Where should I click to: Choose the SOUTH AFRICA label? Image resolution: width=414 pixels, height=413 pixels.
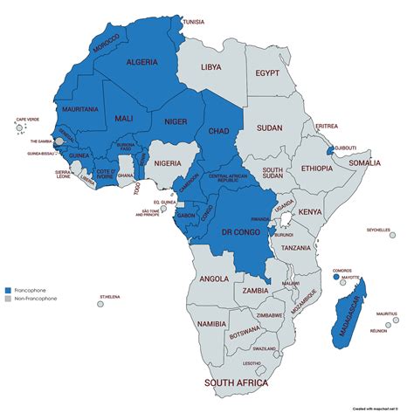(242, 382)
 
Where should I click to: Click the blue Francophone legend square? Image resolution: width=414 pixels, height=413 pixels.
(8, 289)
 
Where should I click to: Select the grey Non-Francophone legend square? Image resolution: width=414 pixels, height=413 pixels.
(8, 299)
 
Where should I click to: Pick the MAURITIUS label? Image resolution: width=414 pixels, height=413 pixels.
(388, 313)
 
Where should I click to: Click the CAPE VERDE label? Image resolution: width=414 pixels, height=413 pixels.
(28, 120)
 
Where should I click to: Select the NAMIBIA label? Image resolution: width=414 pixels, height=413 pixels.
(211, 324)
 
